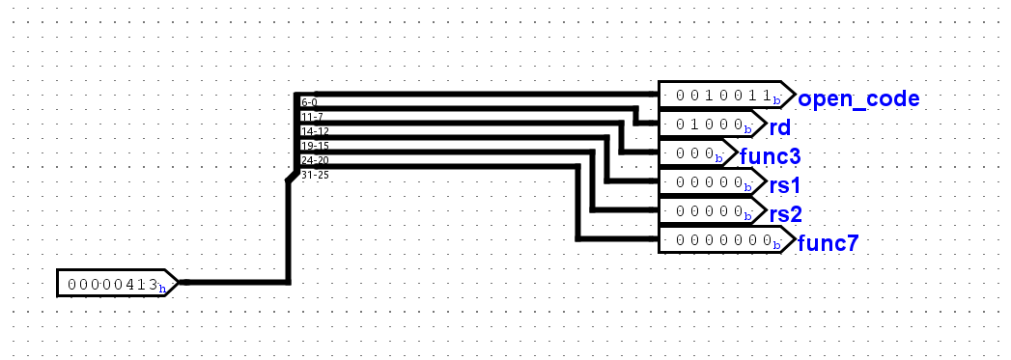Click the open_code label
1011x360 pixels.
pos(857,97)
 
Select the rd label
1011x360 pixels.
pos(779,126)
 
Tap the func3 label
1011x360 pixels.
pos(770,155)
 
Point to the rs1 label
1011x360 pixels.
pos(785,184)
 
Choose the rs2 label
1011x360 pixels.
pos(785,213)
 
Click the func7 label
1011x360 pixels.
pos(828,242)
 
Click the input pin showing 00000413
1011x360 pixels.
pos(112,284)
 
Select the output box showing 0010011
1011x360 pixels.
pos(722,96)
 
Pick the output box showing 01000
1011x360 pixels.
pos(708,125)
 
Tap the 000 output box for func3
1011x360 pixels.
pos(693,153)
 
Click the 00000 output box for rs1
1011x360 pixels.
pos(708,182)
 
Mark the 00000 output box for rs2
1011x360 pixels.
pos(708,211)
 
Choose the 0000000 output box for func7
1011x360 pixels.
pos(722,240)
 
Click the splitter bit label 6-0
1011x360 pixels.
pos(309,101)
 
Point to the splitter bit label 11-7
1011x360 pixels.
pos(310,117)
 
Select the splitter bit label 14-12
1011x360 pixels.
pos(313,131)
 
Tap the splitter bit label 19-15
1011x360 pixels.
pos(313,146)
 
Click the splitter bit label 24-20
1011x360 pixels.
pos(314,160)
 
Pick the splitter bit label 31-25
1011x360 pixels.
pos(314,175)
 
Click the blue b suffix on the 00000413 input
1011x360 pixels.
pos(162,287)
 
